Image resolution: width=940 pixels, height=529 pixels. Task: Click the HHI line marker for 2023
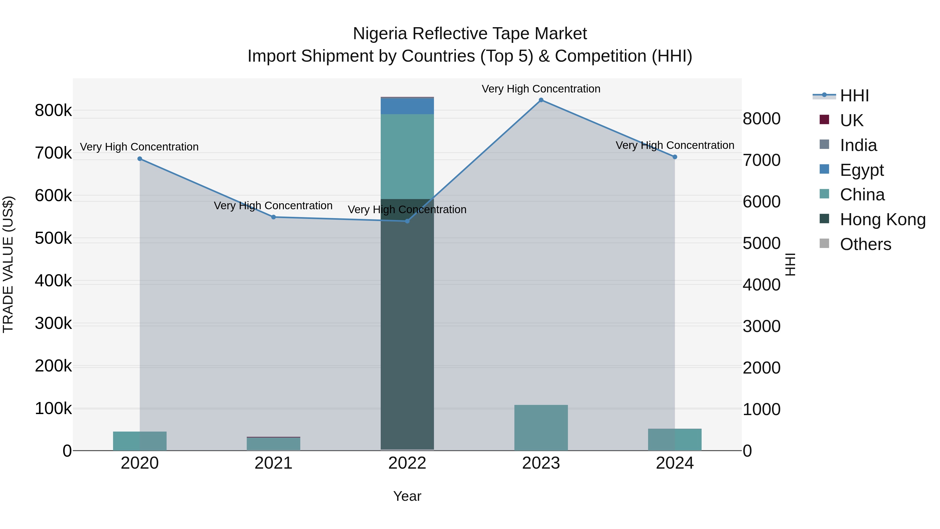[541, 100]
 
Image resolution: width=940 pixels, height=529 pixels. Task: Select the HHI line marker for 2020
[140, 159]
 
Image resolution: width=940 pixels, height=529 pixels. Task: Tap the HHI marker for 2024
[675, 157]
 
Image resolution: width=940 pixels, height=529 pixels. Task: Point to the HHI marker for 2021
[273, 217]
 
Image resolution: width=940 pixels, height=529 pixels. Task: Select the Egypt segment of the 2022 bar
[407, 106]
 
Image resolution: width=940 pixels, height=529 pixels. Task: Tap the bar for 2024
[675, 440]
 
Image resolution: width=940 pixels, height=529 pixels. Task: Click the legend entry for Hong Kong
[882, 220]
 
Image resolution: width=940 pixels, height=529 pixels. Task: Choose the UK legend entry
[851, 120]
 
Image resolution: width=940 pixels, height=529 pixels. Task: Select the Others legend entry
[865, 244]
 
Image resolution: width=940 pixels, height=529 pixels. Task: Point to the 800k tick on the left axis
[53, 110]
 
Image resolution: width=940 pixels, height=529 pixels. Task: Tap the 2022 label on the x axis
[407, 463]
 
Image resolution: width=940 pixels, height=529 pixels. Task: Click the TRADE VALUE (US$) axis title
[8, 264]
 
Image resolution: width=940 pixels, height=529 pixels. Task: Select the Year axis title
[407, 496]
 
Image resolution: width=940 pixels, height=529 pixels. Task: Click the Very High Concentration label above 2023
[541, 89]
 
